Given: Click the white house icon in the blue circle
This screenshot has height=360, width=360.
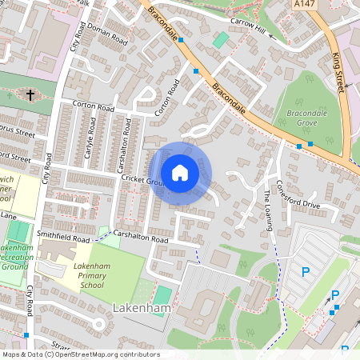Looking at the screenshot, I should pos(180,172).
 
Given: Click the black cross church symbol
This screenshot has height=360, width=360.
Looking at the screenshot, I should pos(30,95).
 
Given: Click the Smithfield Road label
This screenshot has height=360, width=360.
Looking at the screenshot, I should pos(63,238).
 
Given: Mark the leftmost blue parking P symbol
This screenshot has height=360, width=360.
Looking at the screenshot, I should pos(305,272).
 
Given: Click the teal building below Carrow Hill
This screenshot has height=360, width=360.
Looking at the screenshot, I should pos(221,39).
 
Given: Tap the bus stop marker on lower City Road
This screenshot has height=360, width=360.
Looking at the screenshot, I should pos(26,335).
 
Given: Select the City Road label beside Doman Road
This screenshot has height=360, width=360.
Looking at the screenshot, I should pos(77,36).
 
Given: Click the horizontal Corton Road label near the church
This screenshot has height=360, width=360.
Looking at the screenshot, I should pos(94,106).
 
